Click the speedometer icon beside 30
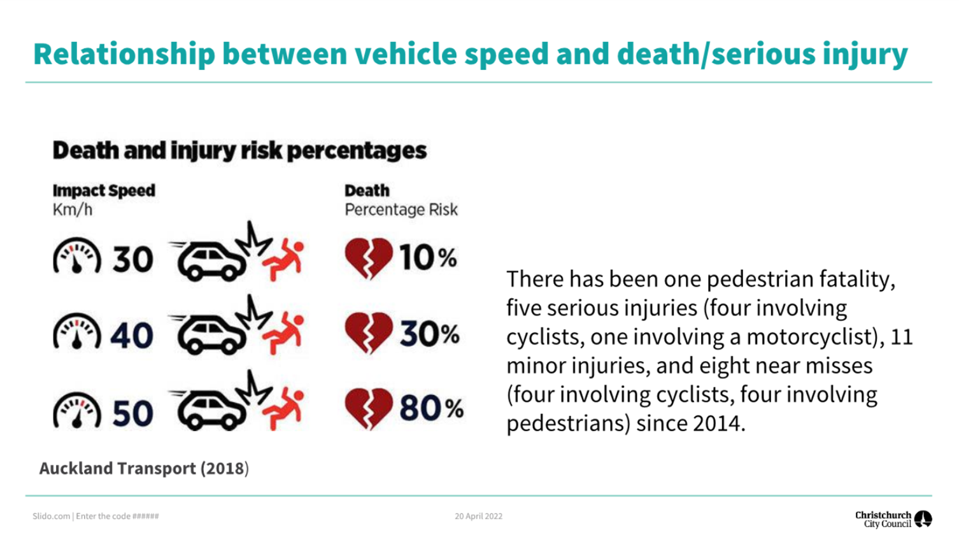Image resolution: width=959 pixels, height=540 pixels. tap(77, 257)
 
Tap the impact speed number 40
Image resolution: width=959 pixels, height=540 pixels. tap(132, 335)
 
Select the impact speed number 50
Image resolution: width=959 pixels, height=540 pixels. tap(132, 413)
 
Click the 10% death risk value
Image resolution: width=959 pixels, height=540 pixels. tap(428, 258)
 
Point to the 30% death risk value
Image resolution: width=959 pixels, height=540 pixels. tap(429, 334)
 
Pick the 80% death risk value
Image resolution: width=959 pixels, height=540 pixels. tap(431, 408)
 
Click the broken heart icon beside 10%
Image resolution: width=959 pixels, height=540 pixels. tap(368, 258)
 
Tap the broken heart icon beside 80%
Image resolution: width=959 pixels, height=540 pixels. tap(368, 408)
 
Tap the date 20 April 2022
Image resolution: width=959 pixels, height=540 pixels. tap(478, 516)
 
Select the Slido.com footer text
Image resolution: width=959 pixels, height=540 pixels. tap(96, 516)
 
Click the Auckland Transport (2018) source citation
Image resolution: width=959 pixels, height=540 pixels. tap(144, 469)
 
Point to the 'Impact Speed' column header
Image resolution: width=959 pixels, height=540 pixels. tap(104, 190)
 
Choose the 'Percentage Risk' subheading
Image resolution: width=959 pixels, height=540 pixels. tap(401, 210)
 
